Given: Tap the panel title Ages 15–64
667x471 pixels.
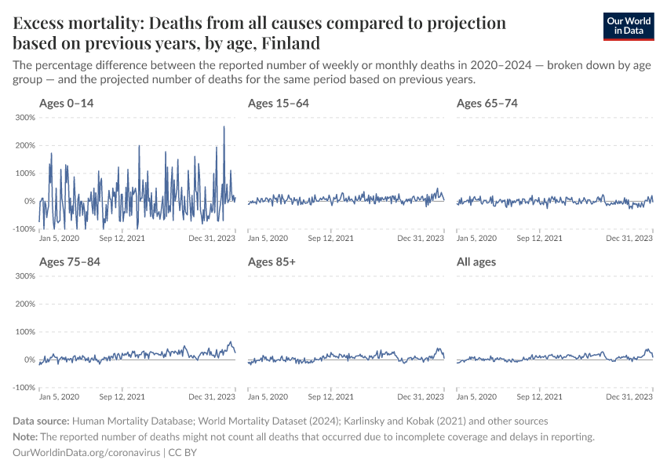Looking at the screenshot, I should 277,103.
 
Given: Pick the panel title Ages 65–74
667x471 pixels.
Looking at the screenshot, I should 487,103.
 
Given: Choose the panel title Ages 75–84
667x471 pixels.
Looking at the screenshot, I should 68,261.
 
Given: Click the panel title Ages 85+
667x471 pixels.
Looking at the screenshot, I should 272,261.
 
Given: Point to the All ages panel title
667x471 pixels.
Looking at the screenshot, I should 476,261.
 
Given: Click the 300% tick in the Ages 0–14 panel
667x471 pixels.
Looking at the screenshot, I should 24,118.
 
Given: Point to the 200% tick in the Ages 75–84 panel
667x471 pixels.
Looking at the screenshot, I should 24,304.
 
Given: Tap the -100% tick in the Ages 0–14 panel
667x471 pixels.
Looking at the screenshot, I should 24,229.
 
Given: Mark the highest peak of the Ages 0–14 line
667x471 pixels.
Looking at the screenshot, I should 224,126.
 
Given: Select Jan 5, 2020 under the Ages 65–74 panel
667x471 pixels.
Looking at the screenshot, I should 476,238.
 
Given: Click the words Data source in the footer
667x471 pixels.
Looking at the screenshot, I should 42,422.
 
